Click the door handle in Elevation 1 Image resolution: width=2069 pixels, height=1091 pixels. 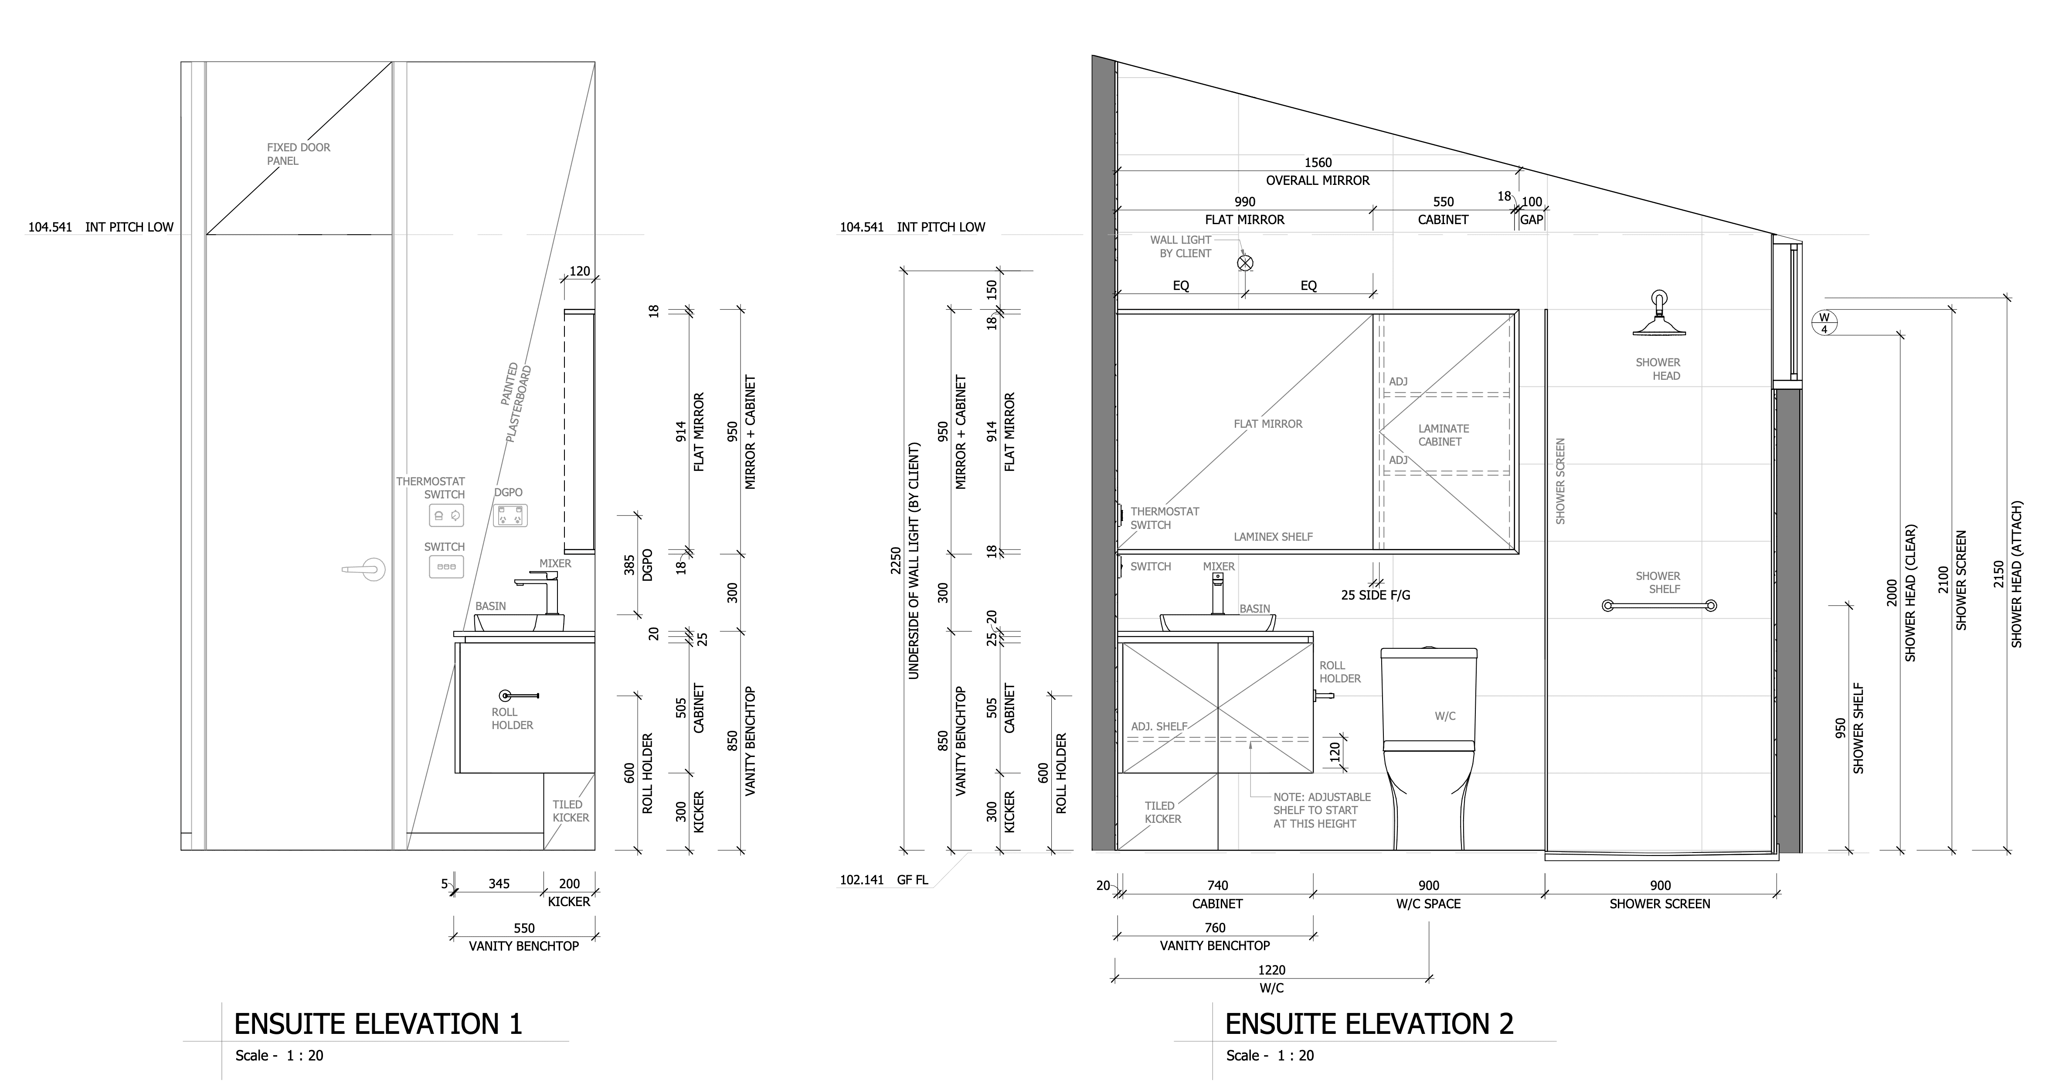[x=365, y=569]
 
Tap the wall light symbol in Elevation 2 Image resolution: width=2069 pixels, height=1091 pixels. [x=1245, y=263]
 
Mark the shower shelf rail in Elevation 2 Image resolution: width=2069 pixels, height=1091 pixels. [x=1659, y=606]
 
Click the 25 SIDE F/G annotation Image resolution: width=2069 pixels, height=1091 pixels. [x=1375, y=595]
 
